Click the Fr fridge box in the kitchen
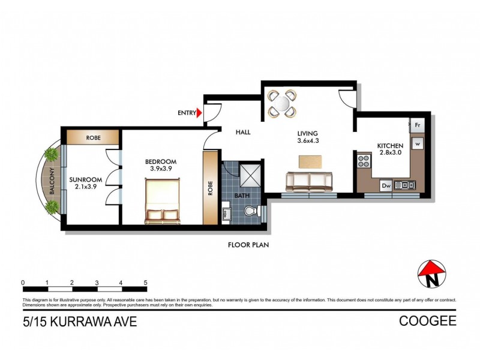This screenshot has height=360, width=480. tap(418, 126)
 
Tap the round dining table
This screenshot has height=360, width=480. tap(281, 102)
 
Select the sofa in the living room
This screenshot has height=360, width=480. tap(309, 180)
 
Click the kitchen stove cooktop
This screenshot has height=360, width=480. tap(364, 161)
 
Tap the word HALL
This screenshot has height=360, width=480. tap(242, 133)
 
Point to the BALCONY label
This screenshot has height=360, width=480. tap(52, 180)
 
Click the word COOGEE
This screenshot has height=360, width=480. tap(427, 322)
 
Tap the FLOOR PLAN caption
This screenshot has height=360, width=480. tap(248, 245)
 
